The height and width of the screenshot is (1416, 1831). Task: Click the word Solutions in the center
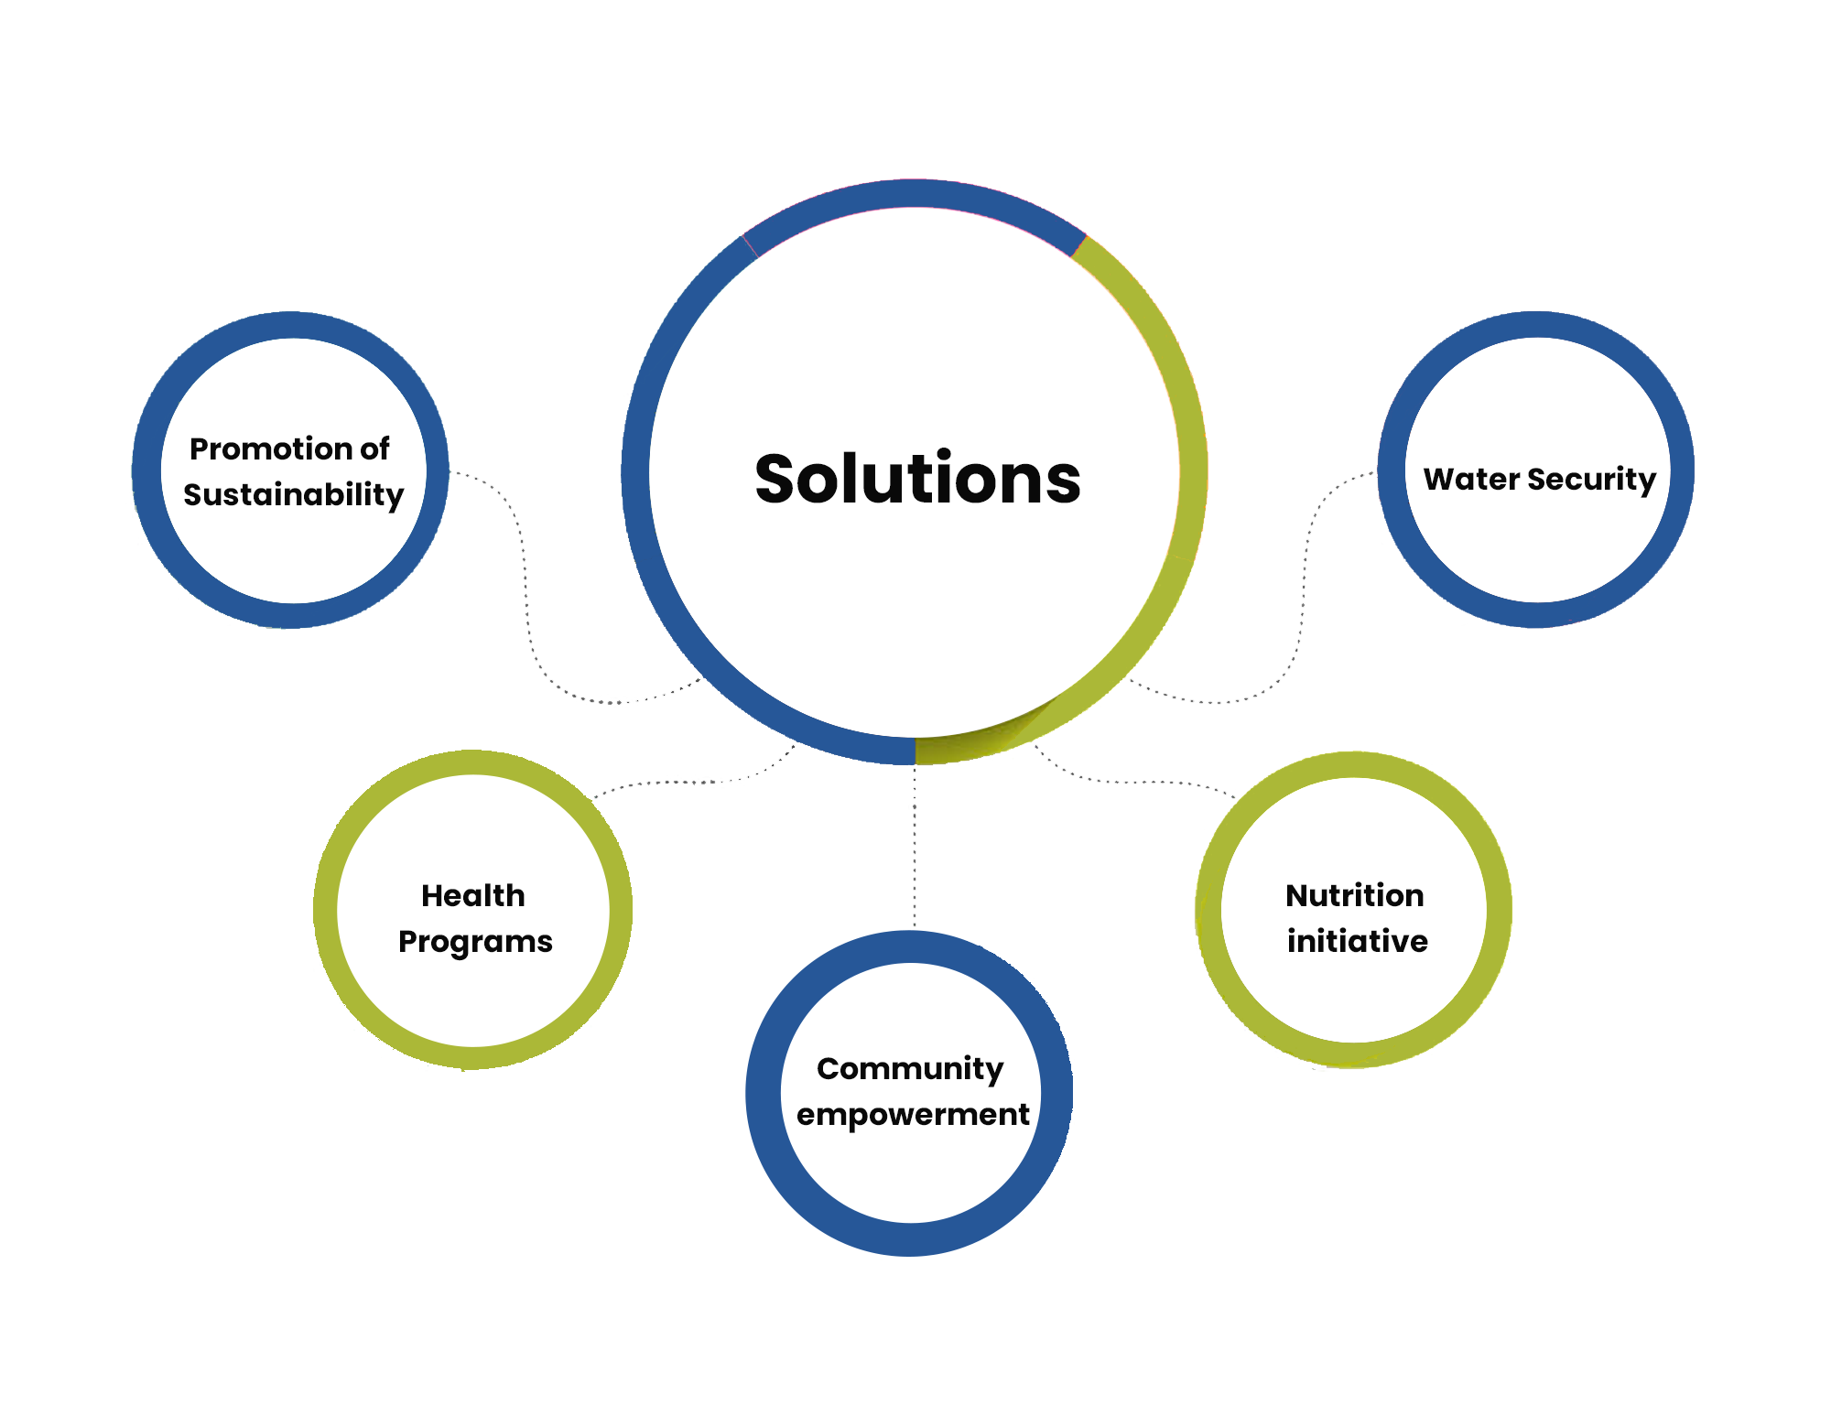click(x=917, y=479)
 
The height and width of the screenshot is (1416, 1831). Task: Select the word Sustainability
click(x=293, y=495)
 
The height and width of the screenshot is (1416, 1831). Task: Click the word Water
click(x=1471, y=479)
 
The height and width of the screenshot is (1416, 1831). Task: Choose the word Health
click(x=473, y=895)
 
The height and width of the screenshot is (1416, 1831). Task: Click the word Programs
click(x=475, y=943)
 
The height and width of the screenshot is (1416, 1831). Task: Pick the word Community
click(x=910, y=1069)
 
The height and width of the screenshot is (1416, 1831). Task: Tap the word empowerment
click(x=913, y=1116)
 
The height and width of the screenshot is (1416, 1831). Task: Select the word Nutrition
click(x=1355, y=895)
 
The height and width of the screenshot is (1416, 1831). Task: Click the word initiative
click(x=1357, y=941)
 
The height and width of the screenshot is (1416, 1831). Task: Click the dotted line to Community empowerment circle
click(x=914, y=847)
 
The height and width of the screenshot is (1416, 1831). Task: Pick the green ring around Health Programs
click(x=326, y=910)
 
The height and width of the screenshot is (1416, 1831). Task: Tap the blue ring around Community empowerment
click(x=764, y=1093)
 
